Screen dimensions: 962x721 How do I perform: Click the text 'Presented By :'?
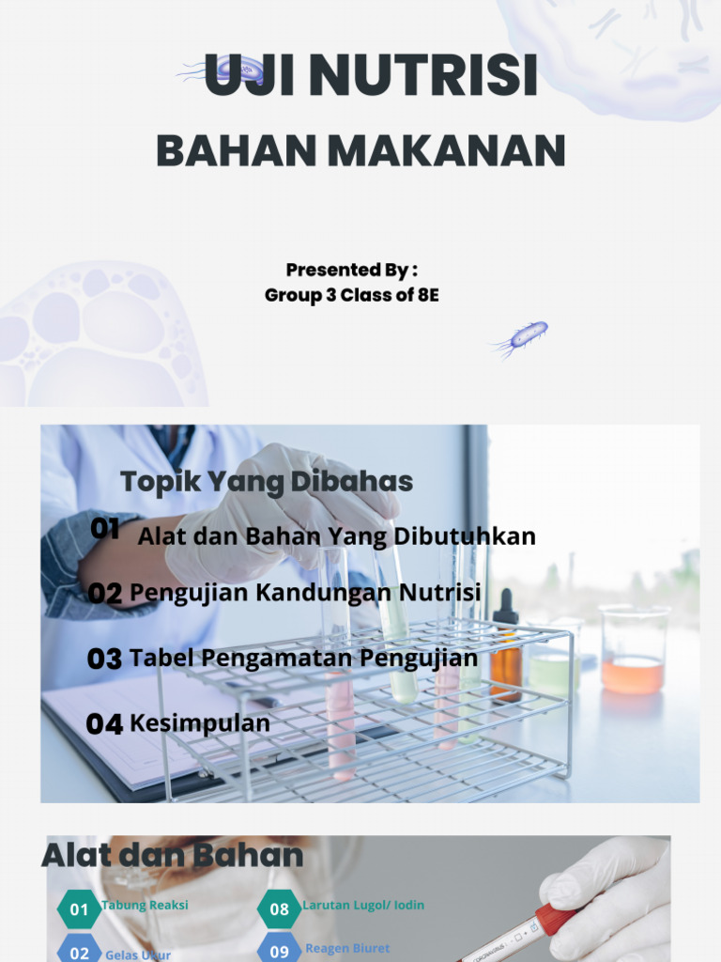351,271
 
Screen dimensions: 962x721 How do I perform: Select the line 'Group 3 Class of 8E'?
351,295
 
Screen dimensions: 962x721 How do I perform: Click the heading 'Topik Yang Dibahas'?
267,482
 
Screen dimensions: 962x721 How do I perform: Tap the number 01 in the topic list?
105,529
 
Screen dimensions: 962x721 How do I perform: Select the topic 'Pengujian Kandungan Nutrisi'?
305,593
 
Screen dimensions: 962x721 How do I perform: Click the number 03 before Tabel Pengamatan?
104,659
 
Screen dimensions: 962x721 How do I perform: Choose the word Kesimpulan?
199,723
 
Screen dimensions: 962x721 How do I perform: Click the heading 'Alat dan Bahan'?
173,856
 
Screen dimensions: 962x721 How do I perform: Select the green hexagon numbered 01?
80,909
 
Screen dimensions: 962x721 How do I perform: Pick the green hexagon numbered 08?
280,909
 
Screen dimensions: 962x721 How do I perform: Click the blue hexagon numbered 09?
280,951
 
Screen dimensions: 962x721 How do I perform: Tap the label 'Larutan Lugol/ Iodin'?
363,906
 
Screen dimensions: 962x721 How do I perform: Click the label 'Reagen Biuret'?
347,949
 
